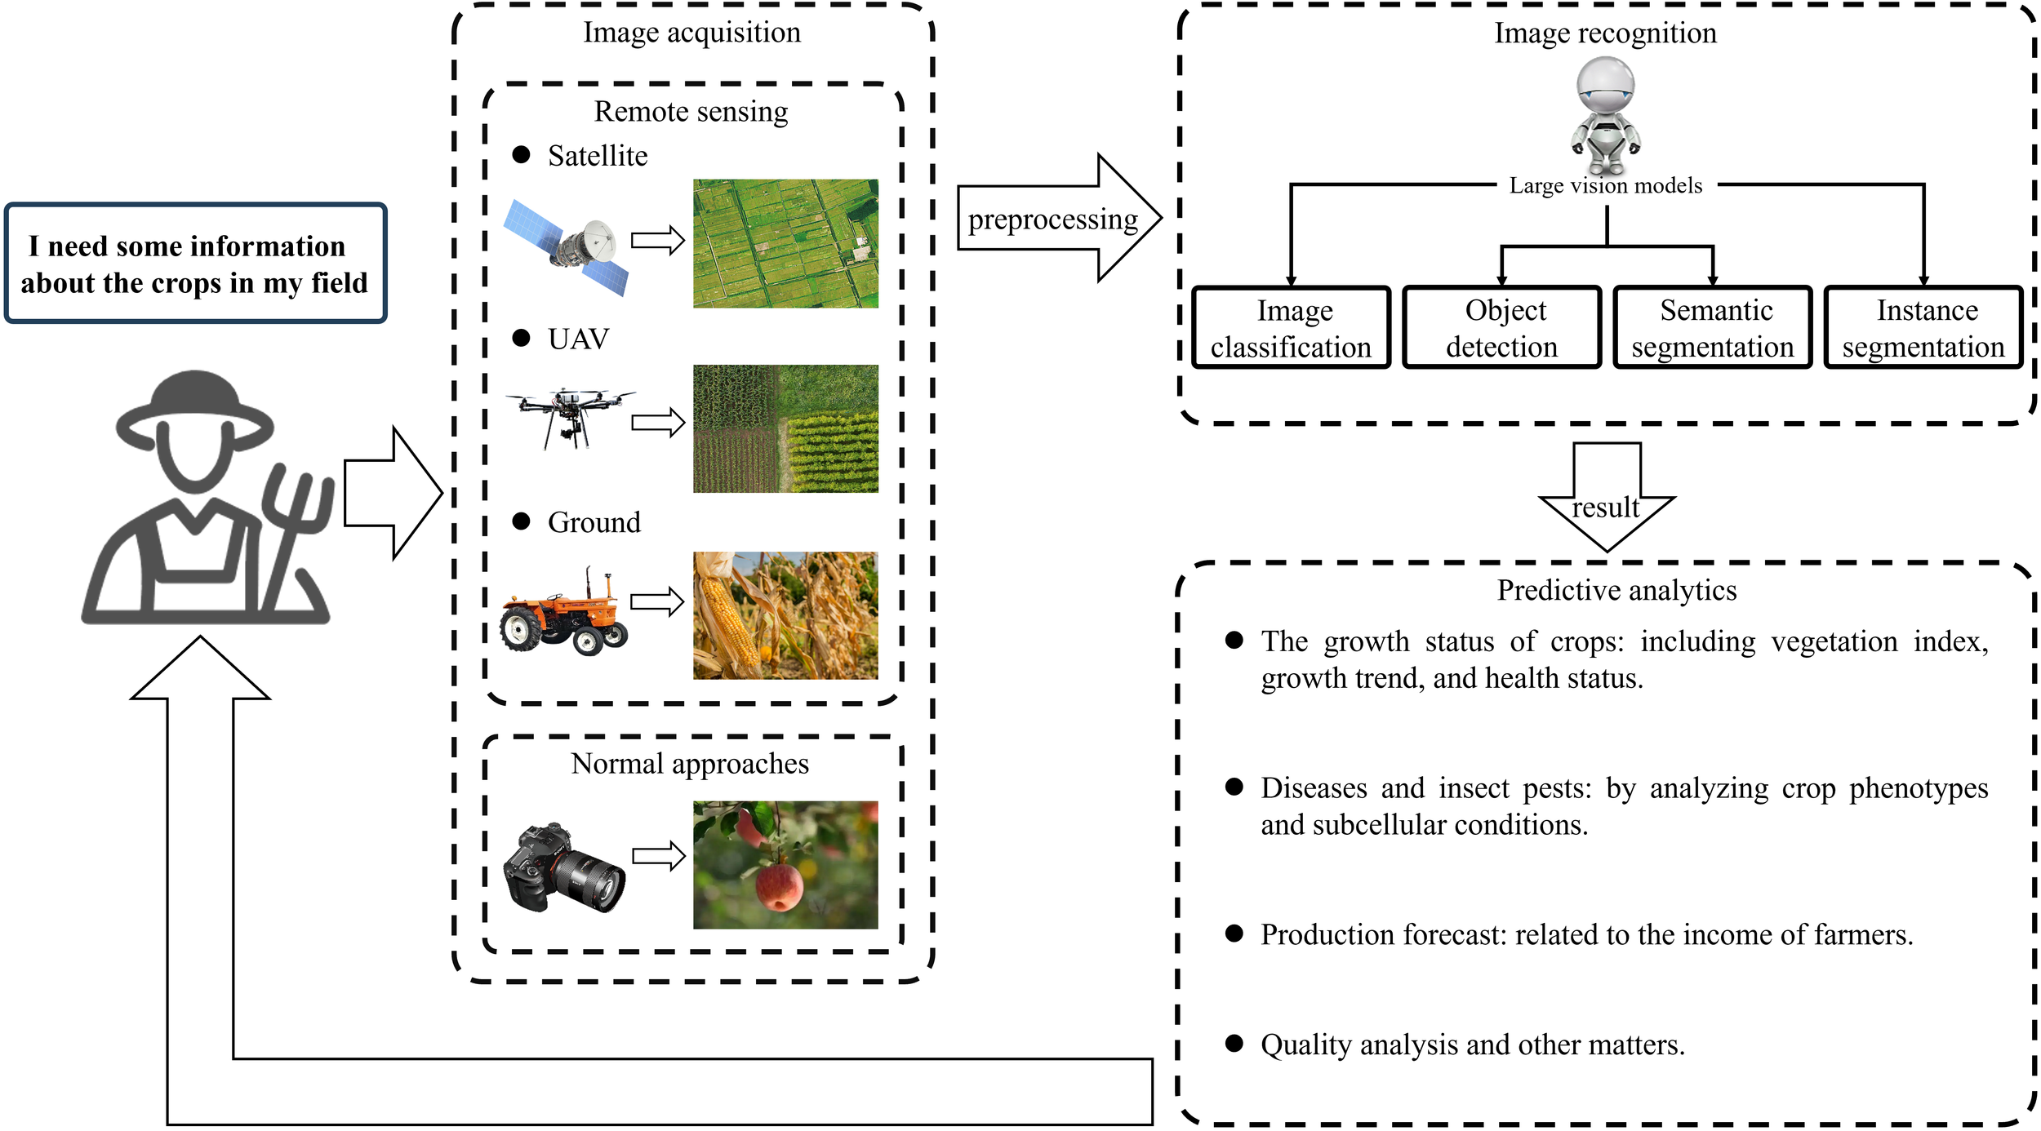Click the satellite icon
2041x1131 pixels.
click(567, 246)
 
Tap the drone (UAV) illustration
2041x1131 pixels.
click(569, 415)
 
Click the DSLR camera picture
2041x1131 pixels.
click(563, 868)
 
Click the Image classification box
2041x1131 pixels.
click(1291, 328)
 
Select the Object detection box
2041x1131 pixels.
click(1501, 328)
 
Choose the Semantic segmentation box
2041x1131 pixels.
click(1712, 328)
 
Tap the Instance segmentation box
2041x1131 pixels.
click(1923, 328)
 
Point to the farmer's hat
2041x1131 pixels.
click(194, 404)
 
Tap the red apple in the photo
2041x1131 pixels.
click(779, 888)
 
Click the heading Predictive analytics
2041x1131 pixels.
click(1616, 590)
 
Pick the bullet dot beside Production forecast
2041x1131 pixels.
click(1234, 934)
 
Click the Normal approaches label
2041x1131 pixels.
click(690, 764)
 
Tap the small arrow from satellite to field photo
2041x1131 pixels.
click(657, 240)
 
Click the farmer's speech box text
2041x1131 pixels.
click(194, 264)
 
